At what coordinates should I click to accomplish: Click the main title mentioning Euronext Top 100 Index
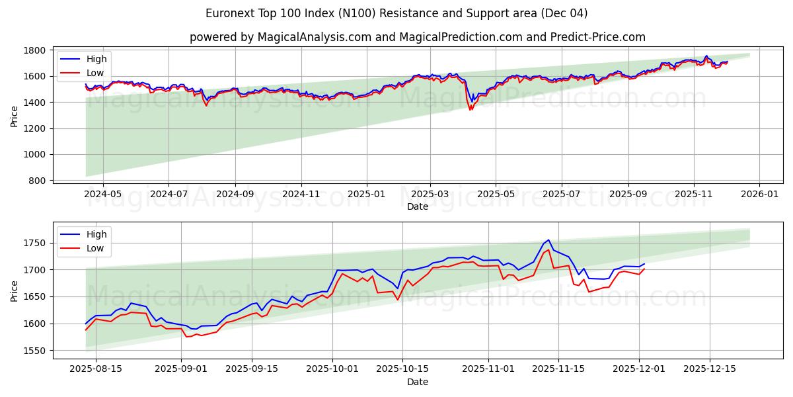[x=397, y=13]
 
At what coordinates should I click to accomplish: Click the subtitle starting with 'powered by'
[x=417, y=37]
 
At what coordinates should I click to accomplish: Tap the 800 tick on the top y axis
[x=37, y=181]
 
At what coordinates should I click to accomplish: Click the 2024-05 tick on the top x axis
[x=103, y=194]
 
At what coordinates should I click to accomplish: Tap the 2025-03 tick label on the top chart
[x=430, y=194]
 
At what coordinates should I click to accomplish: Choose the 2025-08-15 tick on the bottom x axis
[x=96, y=369]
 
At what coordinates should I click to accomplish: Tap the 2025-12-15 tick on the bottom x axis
[x=710, y=369]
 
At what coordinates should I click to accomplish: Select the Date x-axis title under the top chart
[x=417, y=206]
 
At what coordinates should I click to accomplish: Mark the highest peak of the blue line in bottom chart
[x=548, y=240]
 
